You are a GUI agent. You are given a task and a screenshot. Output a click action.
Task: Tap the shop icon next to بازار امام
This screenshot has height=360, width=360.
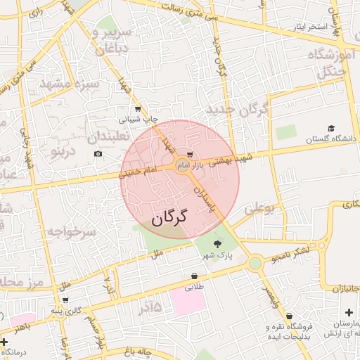click(x=190, y=157)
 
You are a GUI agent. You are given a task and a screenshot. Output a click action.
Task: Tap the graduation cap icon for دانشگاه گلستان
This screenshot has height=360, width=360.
click(x=330, y=129)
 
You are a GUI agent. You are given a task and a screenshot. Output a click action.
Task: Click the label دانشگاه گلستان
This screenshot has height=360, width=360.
click(x=331, y=140)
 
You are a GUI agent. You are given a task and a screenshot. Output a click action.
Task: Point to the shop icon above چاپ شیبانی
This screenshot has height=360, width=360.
click(x=137, y=109)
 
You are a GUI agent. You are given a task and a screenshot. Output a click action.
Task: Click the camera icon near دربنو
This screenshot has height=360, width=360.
click(x=98, y=153)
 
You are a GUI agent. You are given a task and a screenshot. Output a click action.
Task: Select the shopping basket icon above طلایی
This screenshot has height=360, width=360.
click(x=193, y=276)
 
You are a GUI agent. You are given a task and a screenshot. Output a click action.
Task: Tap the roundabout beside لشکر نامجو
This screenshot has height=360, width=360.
click(x=255, y=263)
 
